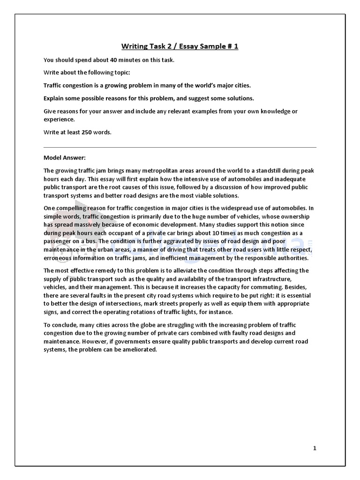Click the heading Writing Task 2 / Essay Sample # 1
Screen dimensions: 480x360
coord(180,46)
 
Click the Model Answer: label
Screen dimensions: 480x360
coord(65,157)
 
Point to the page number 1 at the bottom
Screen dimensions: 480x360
coord(315,448)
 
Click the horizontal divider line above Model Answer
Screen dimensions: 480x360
coord(180,147)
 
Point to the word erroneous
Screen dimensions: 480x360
coord(59,258)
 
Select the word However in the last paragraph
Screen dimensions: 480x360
coord(93,342)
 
